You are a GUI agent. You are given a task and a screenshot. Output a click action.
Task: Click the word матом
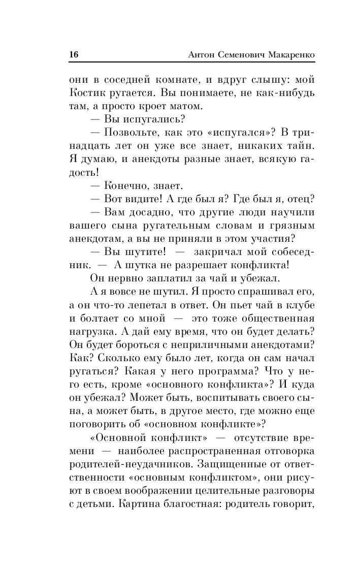183,107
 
